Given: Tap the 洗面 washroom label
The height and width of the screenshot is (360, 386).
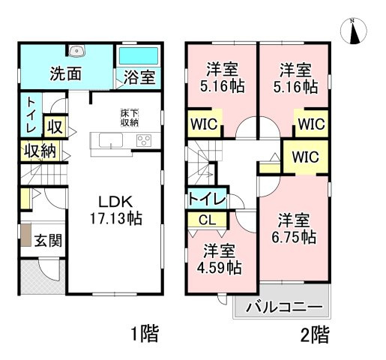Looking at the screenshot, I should click(x=66, y=75).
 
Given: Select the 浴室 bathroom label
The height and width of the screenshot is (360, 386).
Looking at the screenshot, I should click(x=140, y=76).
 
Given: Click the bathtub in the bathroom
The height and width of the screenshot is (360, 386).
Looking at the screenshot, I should click(x=139, y=55).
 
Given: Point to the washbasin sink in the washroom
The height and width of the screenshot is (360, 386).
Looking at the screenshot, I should click(x=76, y=52).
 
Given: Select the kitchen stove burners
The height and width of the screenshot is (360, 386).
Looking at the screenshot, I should click(x=143, y=139).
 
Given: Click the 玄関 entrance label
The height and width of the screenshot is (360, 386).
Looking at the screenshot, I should click(x=48, y=241).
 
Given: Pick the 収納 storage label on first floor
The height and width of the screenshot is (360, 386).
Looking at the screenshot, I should click(x=39, y=151).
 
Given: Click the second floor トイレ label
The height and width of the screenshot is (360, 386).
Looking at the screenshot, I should click(x=204, y=199).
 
